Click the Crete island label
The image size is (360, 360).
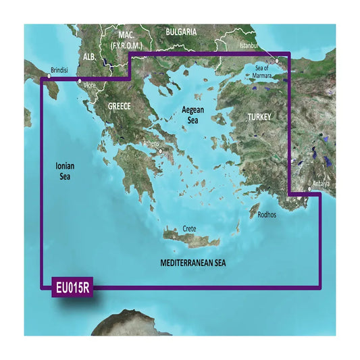point(189,229)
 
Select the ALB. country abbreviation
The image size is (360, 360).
point(89,58)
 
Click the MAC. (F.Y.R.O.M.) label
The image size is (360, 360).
point(126,39)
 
